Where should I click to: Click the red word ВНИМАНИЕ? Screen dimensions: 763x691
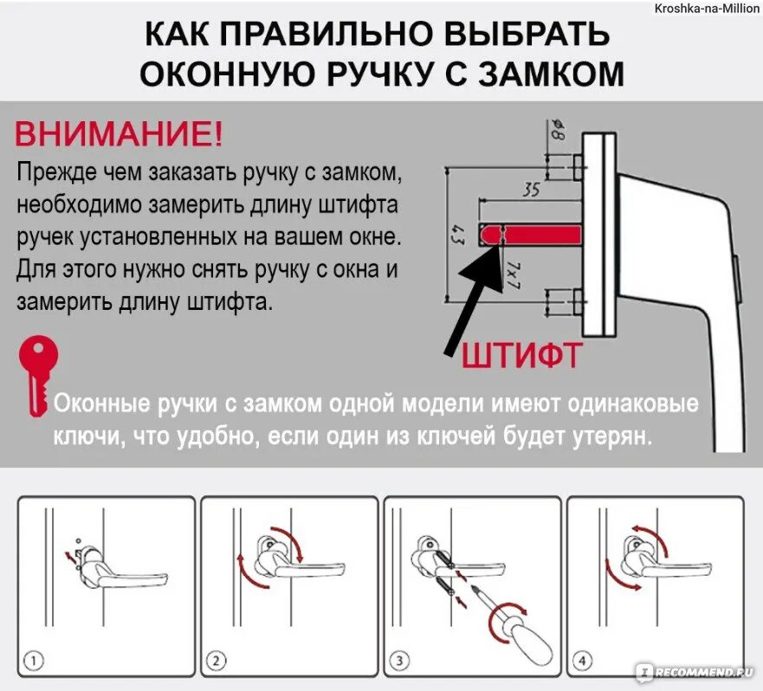(119, 134)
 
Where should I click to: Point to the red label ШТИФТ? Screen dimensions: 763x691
(521, 355)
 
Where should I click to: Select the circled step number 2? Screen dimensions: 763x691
(215, 662)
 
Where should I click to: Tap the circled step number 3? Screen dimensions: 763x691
(399, 662)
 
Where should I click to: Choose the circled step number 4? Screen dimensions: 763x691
(583, 662)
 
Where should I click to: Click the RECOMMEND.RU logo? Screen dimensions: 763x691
(697, 672)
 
